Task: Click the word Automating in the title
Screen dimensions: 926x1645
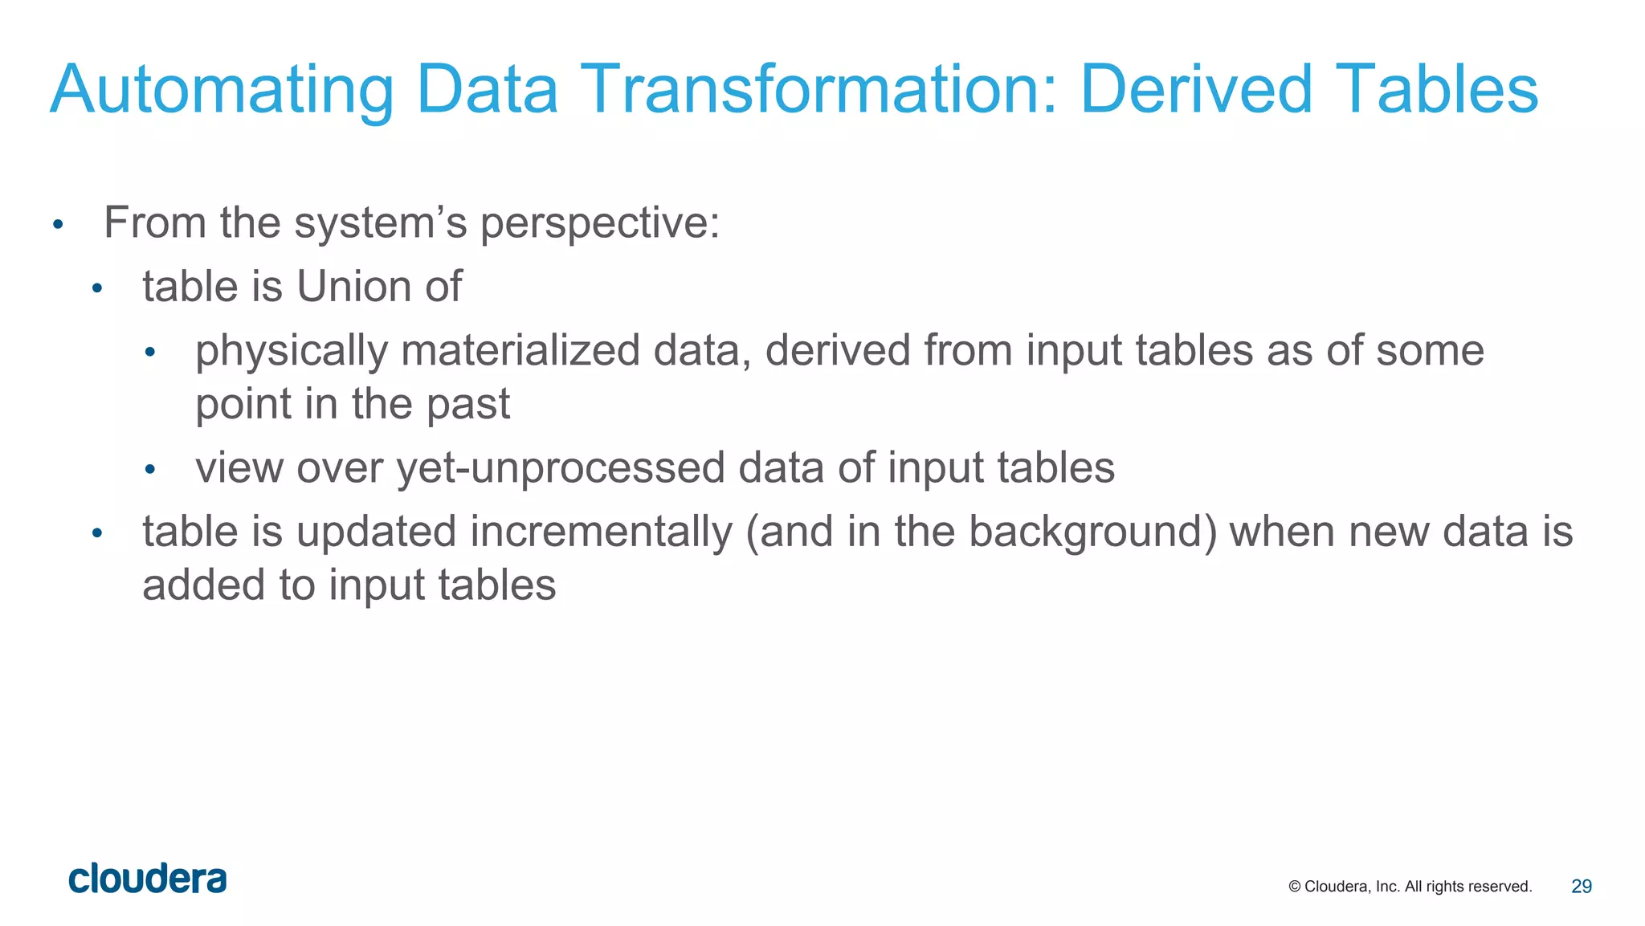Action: click(x=222, y=90)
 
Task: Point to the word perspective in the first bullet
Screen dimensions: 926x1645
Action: click(x=599, y=223)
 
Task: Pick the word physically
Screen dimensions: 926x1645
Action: click(x=291, y=352)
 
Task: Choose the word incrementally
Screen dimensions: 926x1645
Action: click(x=601, y=532)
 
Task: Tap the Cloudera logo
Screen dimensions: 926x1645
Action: click(x=148, y=879)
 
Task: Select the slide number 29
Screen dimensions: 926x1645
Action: click(x=1581, y=887)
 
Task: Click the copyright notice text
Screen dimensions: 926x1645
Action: click(x=1410, y=887)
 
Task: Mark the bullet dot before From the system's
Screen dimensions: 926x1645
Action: click(x=57, y=224)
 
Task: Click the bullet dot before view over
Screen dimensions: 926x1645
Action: click(x=149, y=469)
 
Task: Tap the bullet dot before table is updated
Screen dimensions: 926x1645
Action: click(x=97, y=533)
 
